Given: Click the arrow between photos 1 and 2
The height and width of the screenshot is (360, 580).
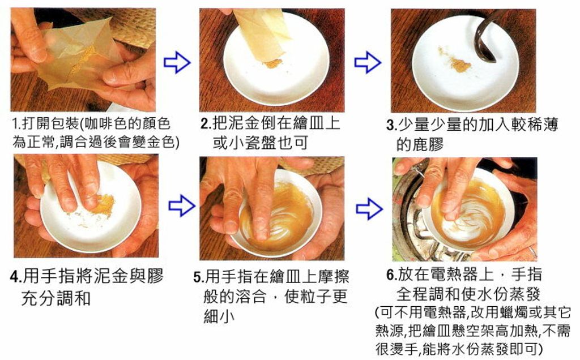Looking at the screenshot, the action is click(177, 62).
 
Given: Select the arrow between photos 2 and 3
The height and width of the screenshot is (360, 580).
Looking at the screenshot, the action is click(367, 62).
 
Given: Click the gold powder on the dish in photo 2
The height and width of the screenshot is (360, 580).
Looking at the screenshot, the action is click(273, 63).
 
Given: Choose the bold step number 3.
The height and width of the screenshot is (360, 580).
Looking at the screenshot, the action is click(392, 125).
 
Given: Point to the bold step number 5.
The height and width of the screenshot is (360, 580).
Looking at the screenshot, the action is click(199, 277).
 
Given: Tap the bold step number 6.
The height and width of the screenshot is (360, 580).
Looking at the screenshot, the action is click(392, 275).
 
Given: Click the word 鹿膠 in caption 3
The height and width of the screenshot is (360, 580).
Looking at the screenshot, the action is click(420, 144).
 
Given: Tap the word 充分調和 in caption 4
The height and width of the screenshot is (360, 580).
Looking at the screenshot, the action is click(56, 299).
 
